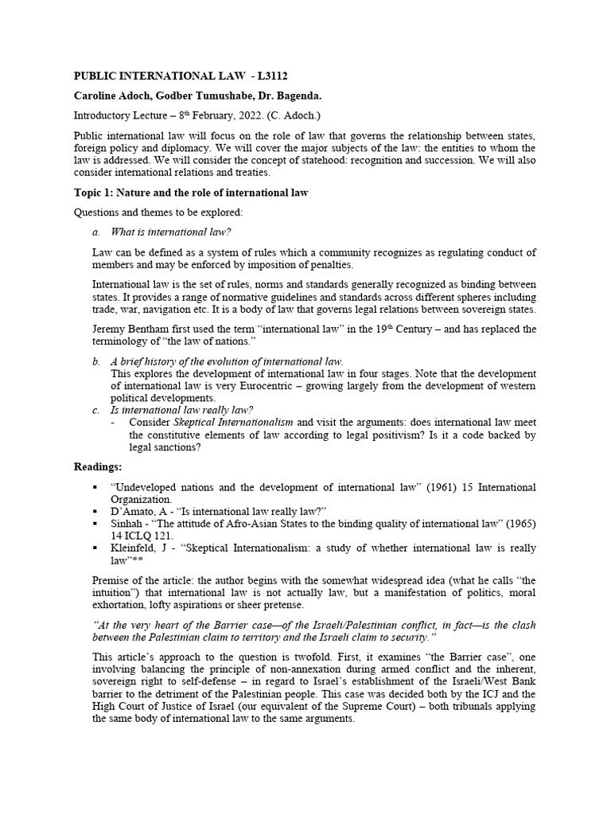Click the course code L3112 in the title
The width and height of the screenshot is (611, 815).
coord(268,76)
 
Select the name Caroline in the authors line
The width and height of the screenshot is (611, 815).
coord(98,96)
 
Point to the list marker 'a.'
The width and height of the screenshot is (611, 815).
coord(96,232)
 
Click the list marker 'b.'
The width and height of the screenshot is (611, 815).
coord(96,361)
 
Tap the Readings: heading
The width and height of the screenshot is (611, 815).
coord(98,466)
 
